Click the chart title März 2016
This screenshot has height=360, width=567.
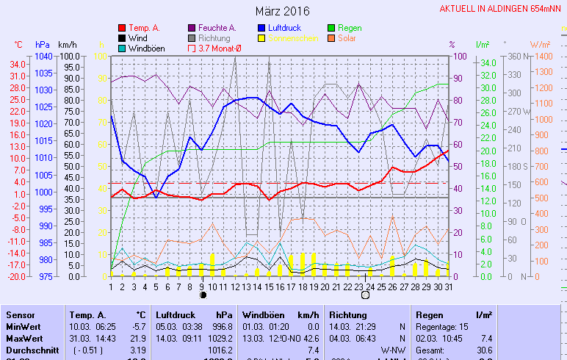[283, 11]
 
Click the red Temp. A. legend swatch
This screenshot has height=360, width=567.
[122, 28]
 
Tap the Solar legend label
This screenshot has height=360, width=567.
[347, 38]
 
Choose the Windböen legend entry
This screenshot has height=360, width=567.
[146, 48]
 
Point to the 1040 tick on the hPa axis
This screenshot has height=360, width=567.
[43, 56]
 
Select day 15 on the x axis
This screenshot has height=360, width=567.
[269, 286]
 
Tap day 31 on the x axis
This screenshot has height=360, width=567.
[448, 286]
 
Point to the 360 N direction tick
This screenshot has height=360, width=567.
[513, 56]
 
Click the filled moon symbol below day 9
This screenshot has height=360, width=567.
[203, 295]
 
